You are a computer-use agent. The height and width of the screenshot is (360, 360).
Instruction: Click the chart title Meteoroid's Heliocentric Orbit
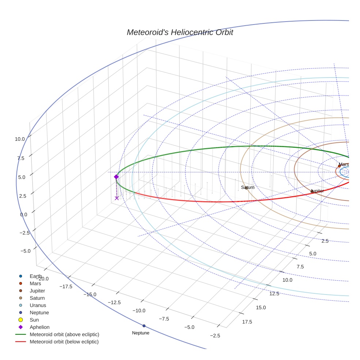pos(180,32)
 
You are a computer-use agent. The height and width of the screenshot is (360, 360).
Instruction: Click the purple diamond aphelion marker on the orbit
pos(116,177)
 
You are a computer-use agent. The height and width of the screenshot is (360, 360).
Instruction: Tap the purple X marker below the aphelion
pos(117,198)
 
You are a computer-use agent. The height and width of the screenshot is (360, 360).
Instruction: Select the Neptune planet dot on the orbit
pos(144,326)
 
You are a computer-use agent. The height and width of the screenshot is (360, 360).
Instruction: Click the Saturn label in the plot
pos(248,187)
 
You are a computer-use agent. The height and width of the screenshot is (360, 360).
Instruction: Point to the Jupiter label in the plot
pos(317,191)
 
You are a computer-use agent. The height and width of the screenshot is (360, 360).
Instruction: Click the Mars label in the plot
pos(344,164)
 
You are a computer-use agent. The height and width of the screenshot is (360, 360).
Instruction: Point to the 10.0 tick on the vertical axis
pos(20,139)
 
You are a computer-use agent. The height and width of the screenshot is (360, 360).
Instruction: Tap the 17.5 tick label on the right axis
pos(247,322)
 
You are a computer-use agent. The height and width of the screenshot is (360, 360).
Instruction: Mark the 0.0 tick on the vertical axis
pos(23,214)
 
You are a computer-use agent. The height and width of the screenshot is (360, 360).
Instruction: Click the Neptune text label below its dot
pos(140,333)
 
